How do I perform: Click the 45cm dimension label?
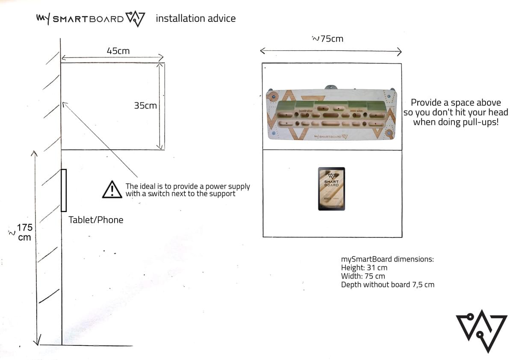coord(118,51)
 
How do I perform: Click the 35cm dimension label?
coord(145,105)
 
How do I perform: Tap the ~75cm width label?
coord(328,39)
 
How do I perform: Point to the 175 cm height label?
coord(24,232)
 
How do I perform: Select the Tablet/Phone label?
coord(96,220)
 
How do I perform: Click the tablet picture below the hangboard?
coord(331,189)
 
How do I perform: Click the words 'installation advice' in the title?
coord(195,18)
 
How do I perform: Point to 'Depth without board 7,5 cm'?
coord(388,285)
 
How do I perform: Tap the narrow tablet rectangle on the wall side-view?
coord(64,190)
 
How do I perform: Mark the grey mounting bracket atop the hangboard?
coord(330,87)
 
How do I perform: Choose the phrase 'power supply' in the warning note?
coord(227,186)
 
